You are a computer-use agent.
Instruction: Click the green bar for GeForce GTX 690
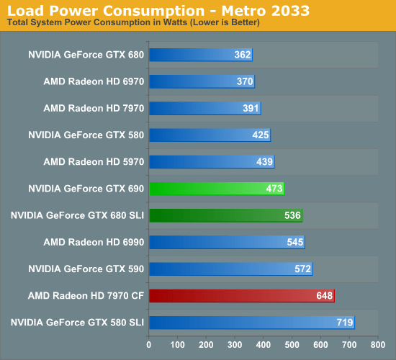tap(216, 189)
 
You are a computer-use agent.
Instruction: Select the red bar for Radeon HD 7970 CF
tap(241, 295)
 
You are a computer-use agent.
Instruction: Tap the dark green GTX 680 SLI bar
tap(225, 215)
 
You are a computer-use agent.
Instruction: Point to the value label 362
tap(243, 55)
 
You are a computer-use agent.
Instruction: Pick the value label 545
tap(295, 242)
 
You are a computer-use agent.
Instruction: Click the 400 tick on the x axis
tap(264, 343)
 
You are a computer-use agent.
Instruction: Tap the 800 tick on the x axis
tap(378, 343)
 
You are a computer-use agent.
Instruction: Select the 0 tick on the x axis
tap(149, 343)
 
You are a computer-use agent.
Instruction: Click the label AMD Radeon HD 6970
tap(94, 81)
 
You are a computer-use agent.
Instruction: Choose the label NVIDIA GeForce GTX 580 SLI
tap(78, 322)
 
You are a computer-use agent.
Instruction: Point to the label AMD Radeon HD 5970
tap(94, 161)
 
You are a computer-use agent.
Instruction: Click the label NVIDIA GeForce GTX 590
tap(86, 269)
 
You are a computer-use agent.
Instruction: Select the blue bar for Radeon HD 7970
tap(204, 108)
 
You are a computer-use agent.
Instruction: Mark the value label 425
tap(261, 135)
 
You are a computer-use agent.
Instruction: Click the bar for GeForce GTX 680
tap(200, 55)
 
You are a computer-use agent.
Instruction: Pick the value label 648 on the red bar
tap(325, 296)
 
